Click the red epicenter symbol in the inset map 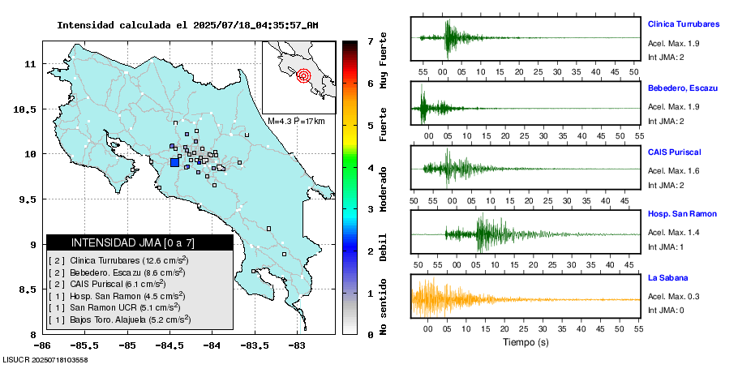tap(304, 76)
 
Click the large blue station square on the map tap(174, 162)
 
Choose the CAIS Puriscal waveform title tap(674, 152)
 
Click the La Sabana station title tap(668, 278)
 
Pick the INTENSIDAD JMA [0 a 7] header tap(139, 242)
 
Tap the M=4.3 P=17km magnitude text tap(296, 121)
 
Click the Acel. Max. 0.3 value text tap(674, 296)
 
